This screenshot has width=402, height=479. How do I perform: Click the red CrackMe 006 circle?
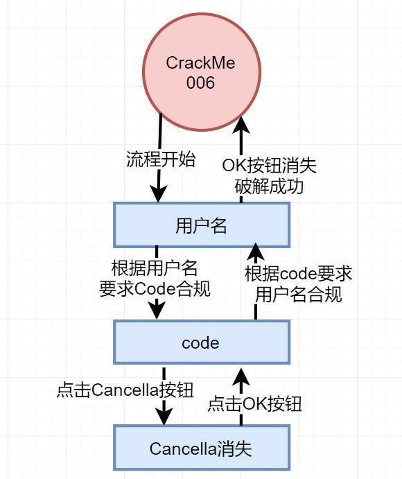(x=202, y=72)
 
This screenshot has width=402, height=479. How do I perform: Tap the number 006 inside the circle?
(x=201, y=82)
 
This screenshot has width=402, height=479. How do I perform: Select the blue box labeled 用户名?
(x=202, y=225)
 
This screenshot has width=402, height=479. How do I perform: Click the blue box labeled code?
(x=202, y=342)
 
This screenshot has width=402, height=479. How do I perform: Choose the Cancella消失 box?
(x=202, y=448)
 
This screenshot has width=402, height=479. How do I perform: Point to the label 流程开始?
(x=161, y=159)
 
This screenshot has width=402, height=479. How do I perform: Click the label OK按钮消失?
(x=269, y=166)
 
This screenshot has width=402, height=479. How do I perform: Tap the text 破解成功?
(x=269, y=186)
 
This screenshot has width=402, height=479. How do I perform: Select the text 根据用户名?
(x=155, y=268)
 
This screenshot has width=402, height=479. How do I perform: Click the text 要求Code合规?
(x=155, y=288)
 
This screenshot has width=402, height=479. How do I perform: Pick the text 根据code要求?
(x=298, y=273)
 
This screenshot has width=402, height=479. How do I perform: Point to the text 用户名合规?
(x=298, y=295)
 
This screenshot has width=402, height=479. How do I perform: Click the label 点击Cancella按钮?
(x=125, y=390)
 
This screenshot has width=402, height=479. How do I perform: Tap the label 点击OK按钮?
(x=255, y=404)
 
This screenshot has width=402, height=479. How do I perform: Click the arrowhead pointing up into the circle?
(x=241, y=125)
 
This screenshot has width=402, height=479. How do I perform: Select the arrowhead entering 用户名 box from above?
(x=158, y=193)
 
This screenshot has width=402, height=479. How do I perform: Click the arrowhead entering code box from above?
(x=157, y=311)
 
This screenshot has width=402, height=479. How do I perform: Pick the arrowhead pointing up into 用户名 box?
(x=256, y=252)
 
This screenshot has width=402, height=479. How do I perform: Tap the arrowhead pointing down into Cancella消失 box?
(x=164, y=416)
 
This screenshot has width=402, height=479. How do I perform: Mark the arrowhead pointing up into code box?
(x=241, y=377)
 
